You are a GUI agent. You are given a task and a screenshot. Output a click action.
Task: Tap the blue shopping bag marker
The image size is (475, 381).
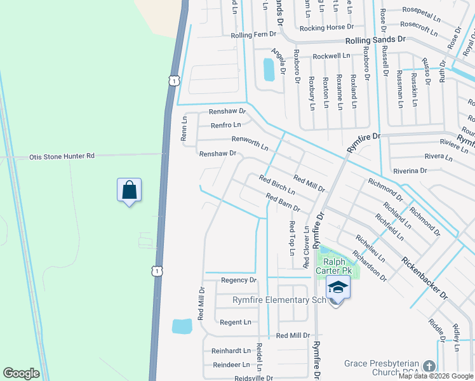tap(129, 190)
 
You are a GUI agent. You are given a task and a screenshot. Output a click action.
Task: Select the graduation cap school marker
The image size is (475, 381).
tap(338, 289)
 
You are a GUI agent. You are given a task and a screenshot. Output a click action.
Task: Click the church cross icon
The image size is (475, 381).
tap(429, 367)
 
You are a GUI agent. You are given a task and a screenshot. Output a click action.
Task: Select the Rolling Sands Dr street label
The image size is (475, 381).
tap(375, 40)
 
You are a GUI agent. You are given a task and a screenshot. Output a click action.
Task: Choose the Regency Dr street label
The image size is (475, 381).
tap(238, 280)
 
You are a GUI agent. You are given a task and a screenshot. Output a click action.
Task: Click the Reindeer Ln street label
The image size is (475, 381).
tap(231, 364)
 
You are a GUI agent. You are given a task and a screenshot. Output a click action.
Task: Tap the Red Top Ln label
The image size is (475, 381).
tap(292, 237)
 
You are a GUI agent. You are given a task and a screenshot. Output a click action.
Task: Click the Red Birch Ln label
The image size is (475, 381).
tap(277, 185)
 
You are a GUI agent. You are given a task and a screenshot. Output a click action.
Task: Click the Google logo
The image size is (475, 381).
tap(21, 373)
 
